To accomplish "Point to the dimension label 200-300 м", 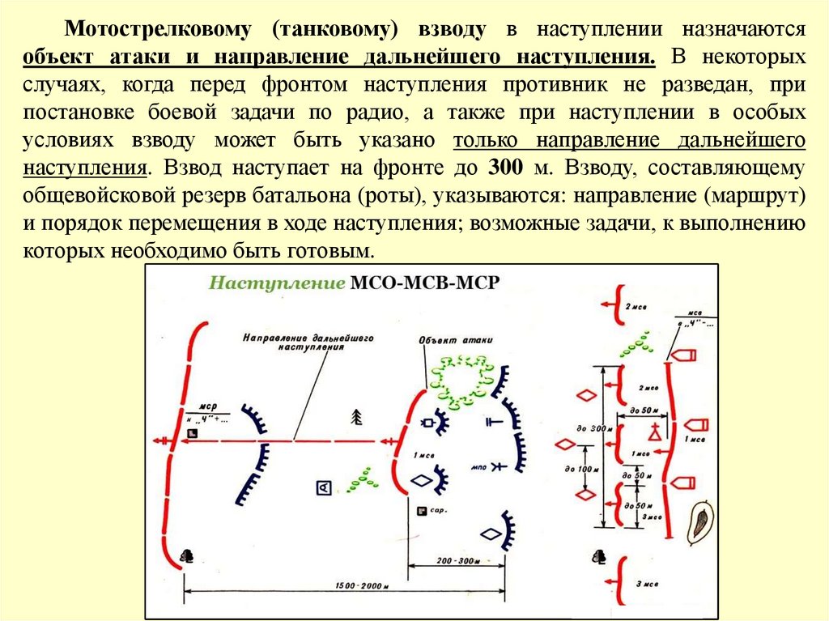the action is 458,560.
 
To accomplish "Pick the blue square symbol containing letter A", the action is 323,487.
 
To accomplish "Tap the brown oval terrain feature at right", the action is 699,521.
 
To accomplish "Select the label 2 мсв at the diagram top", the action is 635,308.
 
